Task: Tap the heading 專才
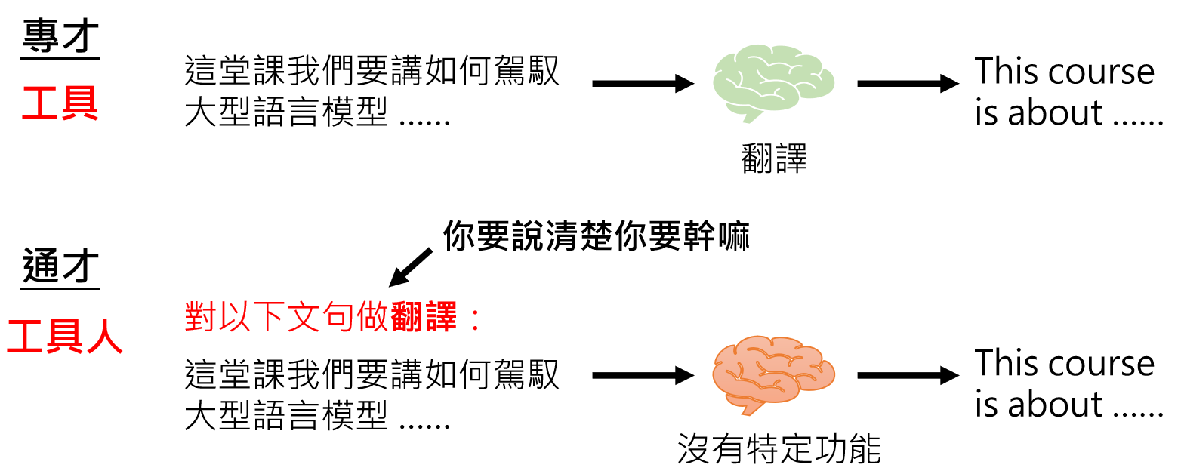pos(60,35)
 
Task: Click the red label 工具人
pos(65,337)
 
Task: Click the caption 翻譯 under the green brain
pos(775,159)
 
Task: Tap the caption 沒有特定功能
pos(779,450)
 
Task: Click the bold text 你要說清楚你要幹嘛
pos(597,236)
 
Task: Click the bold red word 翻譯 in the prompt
pos(424,319)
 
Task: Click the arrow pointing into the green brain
pos(643,83)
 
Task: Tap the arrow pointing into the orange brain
pos(643,374)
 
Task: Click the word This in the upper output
pos(1007,72)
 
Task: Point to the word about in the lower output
pos(1055,405)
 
